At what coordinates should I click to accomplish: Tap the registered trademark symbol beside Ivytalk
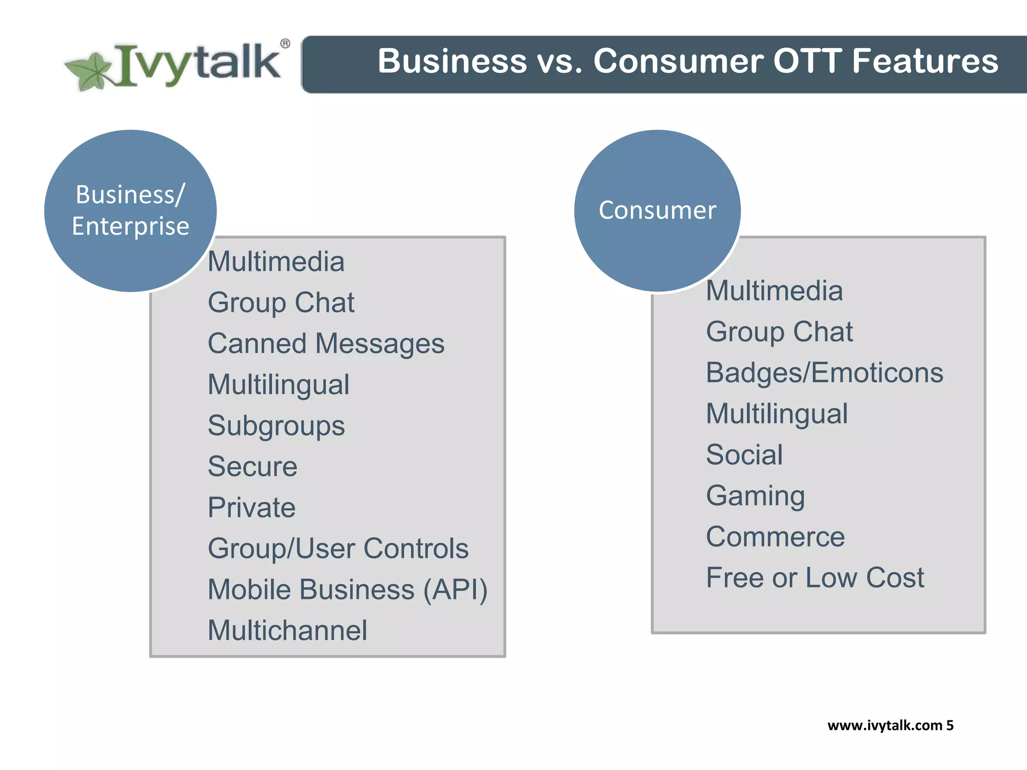(285, 44)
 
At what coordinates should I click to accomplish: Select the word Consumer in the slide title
(677, 61)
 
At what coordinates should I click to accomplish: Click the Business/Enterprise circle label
(130, 210)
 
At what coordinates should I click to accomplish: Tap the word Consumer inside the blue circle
(657, 210)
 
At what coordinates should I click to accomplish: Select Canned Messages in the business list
(326, 344)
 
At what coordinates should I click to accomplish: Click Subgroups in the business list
(276, 426)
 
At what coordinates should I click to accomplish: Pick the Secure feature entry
(252, 467)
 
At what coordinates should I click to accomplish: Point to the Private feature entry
(251, 508)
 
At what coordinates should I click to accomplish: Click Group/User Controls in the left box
(338, 548)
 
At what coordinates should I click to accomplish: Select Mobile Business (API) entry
(348, 590)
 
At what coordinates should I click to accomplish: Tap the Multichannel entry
(287, 631)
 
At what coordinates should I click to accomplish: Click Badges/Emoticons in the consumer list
(824, 373)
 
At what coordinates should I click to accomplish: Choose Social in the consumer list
(744, 455)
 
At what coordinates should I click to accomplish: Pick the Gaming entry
(755, 496)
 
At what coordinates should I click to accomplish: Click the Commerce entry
(775, 537)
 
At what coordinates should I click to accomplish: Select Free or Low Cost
(814, 578)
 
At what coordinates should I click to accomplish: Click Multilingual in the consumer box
(776, 414)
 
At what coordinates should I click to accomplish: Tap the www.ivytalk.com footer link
(885, 725)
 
